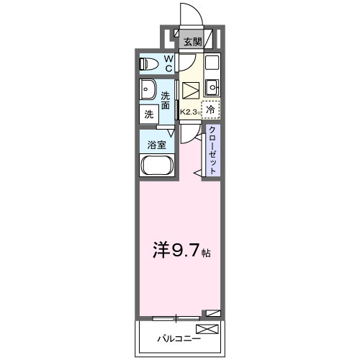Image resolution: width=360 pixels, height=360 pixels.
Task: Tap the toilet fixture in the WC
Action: [x=148, y=64]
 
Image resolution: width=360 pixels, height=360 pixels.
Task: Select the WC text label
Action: [x=167, y=64]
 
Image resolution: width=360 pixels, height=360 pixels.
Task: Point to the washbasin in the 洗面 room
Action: [x=148, y=91]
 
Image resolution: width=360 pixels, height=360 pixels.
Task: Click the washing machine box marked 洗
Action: [x=148, y=114]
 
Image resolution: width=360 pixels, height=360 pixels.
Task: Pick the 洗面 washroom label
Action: [x=166, y=100]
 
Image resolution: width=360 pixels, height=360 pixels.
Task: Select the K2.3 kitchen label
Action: [x=189, y=112]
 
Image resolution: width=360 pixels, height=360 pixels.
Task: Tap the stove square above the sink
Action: [x=212, y=63]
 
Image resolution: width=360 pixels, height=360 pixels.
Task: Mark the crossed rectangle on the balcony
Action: [x=207, y=330]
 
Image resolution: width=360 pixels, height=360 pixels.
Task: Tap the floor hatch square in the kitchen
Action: [x=191, y=91]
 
